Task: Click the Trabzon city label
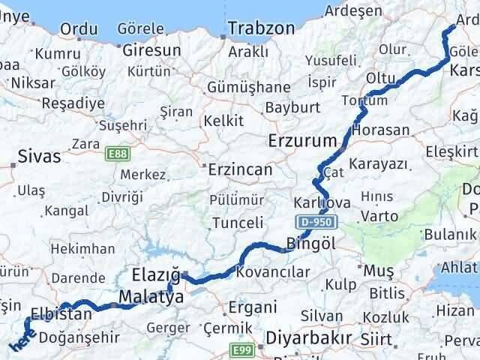pyautogui.click(x=262, y=28)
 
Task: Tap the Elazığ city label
pyautogui.click(x=156, y=274)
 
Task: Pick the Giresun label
pyautogui.click(x=154, y=50)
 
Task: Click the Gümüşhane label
pyautogui.click(x=244, y=85)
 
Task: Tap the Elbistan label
pyautogui.click(x=61, y=314)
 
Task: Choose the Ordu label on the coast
pyautogui.click(x=78, y=28)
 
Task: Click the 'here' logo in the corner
pyautogui.click(x=21, y=342)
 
